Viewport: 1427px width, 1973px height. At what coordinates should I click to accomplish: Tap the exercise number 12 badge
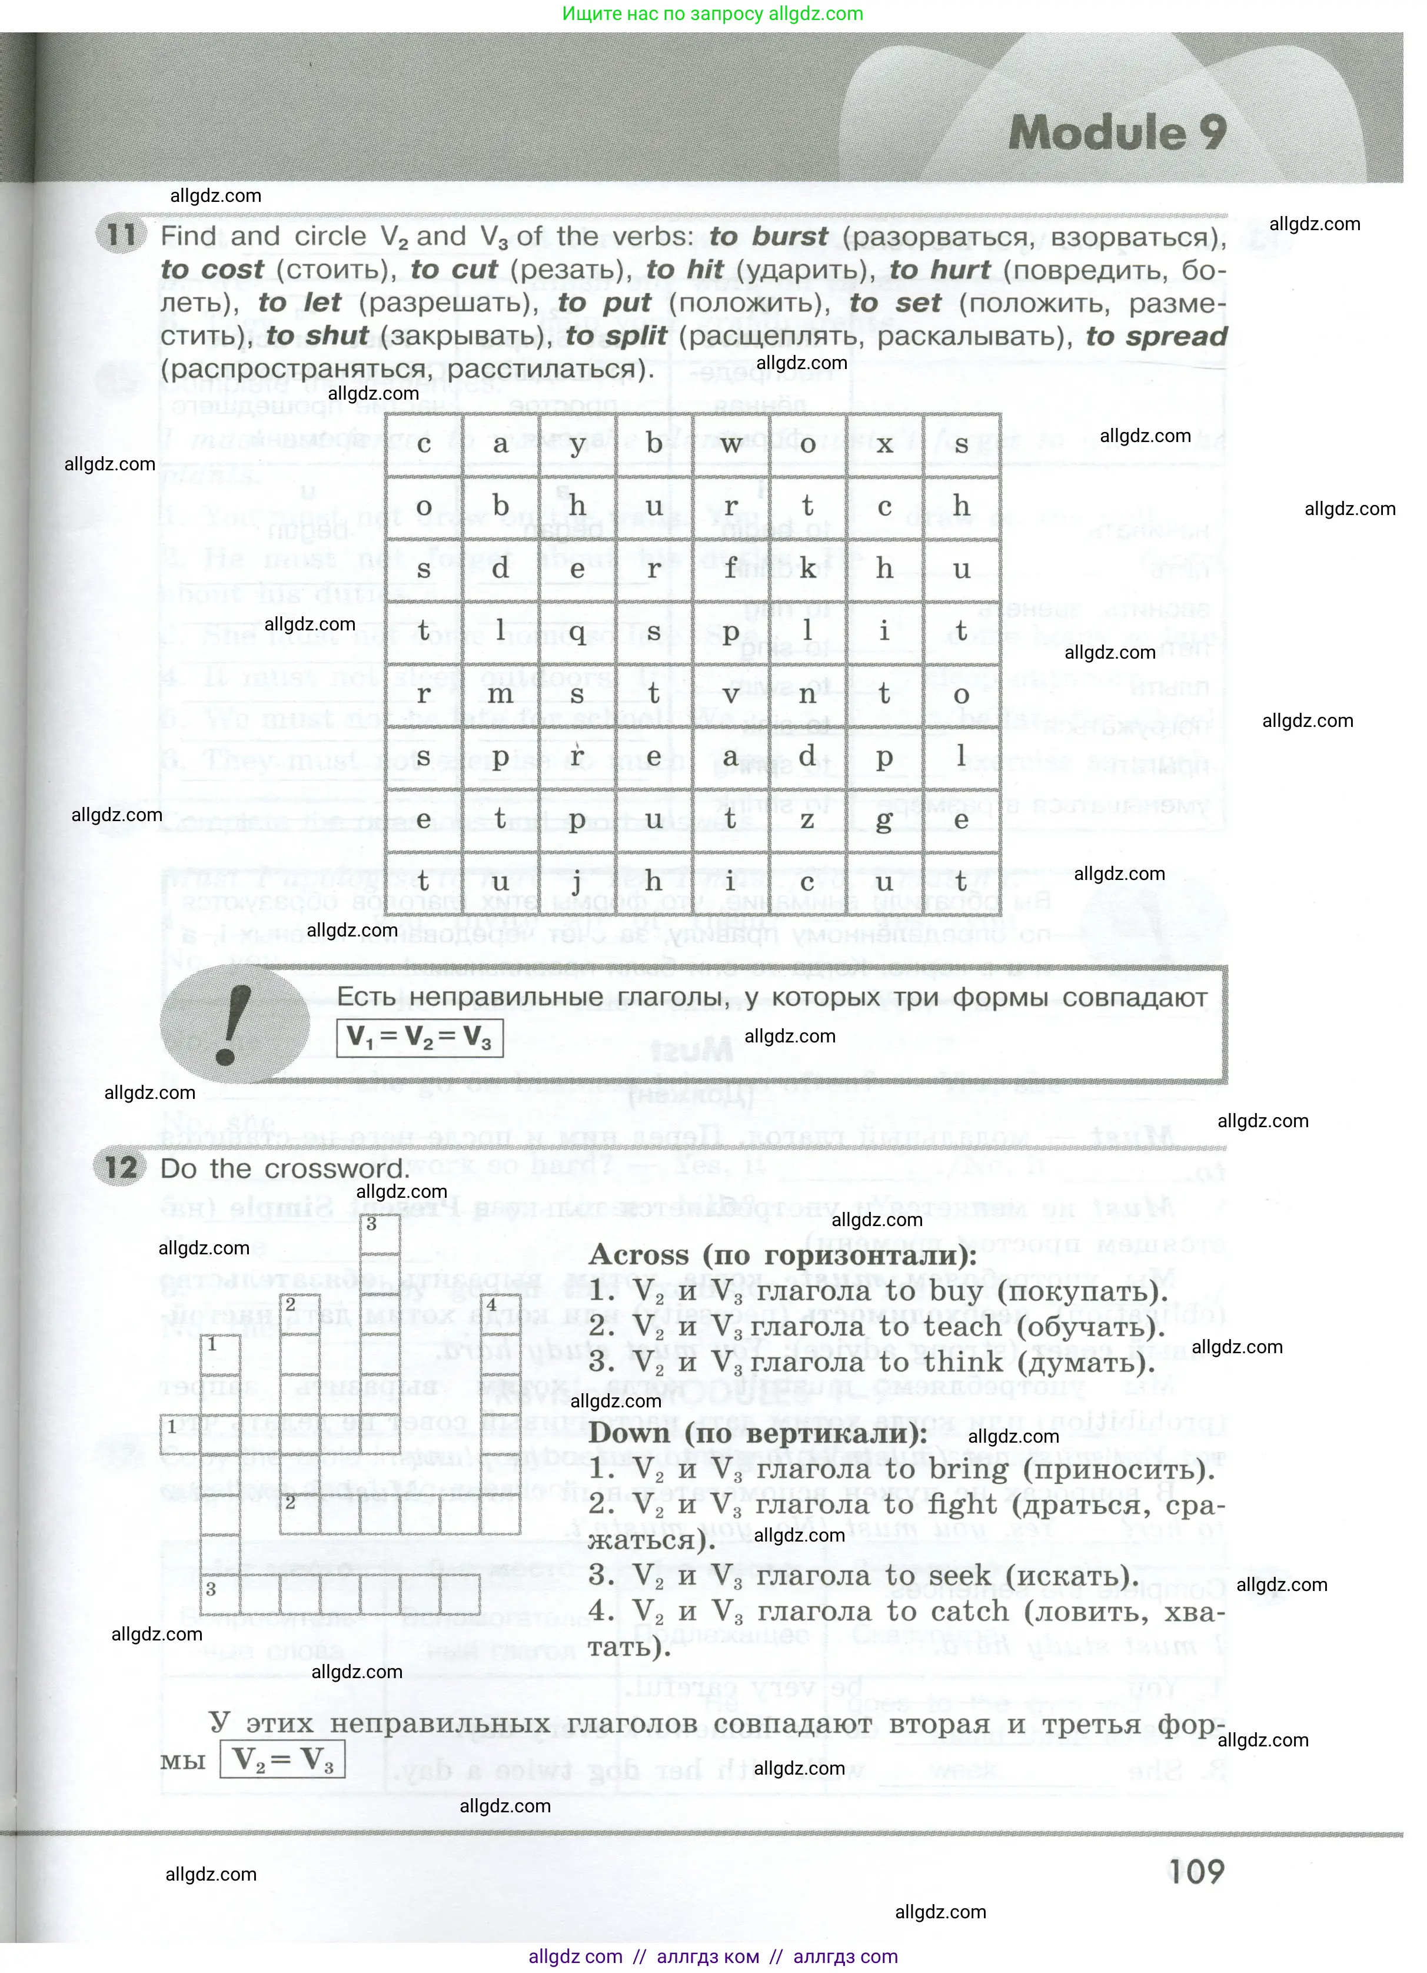coord(121,1167)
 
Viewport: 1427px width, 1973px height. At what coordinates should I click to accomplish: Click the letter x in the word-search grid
coord(884,444)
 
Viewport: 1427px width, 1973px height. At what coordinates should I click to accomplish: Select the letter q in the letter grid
coord(577,632)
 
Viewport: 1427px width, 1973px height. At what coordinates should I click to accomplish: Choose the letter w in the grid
coord(730,444)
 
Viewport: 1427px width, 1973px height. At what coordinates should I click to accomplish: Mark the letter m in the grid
coord(500,694)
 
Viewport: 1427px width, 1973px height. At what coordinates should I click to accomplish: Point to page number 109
coord(1196,1871)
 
